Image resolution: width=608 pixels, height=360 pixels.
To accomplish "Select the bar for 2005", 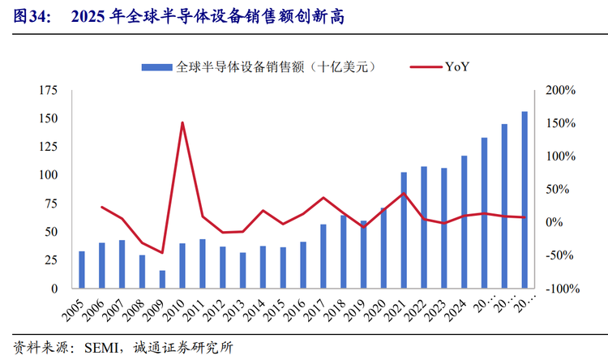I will coord(82,270).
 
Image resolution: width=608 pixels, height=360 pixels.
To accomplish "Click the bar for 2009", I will coord(162,279).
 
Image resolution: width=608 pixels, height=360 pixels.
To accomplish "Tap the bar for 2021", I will coord(404,230).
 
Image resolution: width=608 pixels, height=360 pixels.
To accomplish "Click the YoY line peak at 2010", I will coord(182,123).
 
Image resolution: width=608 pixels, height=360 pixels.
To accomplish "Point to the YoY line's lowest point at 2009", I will coord(162,253).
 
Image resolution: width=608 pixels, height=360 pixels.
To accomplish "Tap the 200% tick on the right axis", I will coord(560,90).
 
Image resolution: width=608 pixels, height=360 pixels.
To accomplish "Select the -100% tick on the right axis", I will coord(559,289).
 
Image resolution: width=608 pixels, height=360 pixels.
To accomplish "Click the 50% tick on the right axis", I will coord(560,190).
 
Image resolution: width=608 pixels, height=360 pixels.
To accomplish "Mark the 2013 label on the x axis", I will coord(236,312).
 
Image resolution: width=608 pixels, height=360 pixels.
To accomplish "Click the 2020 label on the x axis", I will coord(377,312).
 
